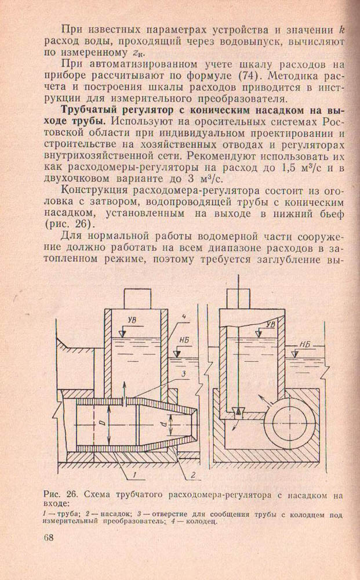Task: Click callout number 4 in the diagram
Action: pos(182,316)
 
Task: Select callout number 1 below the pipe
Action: pos(133,476)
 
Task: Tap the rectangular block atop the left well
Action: pos(136,298)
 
